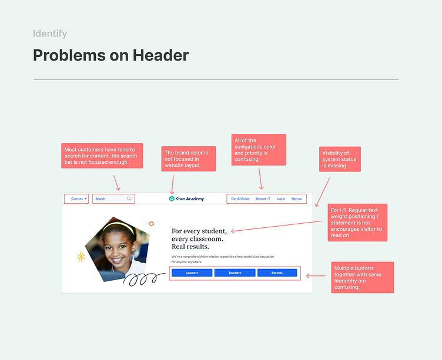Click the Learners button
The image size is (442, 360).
(x=192, y=273)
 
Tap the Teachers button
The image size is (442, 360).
(x=235, y=273)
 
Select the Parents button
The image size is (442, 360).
(x=277, y=273)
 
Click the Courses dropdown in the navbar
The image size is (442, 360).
(x=78, y=199)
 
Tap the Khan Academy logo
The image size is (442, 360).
(x=187, y=199)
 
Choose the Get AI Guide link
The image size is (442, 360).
(x=240, y=199)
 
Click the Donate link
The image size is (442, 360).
(x=262, y=199)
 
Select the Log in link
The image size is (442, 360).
(x=281, y=199)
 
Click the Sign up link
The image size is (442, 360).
(x=296, y=199)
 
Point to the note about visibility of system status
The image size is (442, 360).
(x=339, y=159)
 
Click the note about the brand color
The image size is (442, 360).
(x=189, y=159)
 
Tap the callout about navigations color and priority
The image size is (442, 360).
(x=259, y=150)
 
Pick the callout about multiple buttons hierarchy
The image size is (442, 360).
(x=361, y=277)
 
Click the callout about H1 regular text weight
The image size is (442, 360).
(x=357, y=223)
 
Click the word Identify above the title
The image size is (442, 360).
(x=50, y=34)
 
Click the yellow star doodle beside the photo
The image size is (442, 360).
(x=81, y=257)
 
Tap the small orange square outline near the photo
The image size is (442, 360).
(x=151, y=224)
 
